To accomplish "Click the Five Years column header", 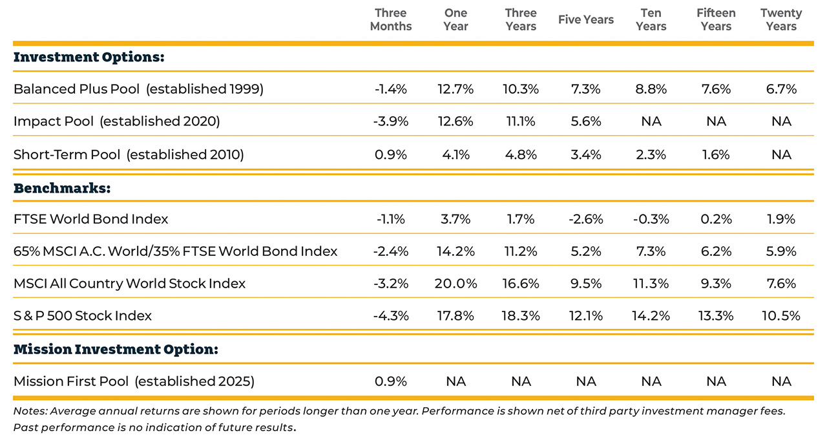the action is [x=586, y=19].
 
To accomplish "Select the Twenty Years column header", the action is [x=781, y=19].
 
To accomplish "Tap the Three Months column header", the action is [x=391, y=19].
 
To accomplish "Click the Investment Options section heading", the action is [x=89, y=58].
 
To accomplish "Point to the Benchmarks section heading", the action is [x=62, y=188].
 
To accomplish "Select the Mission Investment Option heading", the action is [x=116, y=349].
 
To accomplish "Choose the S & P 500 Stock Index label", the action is [x=83, y=316].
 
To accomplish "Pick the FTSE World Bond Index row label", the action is [x=91, y=219].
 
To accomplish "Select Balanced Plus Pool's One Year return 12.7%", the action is [x=455, y=89].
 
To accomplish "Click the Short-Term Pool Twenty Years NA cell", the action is [x=781, y=154].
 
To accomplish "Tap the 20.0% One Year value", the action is [x=455, y=284].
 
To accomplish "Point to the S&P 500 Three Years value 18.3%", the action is [x=521, y=316].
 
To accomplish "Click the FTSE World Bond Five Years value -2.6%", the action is [x=586, y=219].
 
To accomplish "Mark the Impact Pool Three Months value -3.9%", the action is [x=391, y=121].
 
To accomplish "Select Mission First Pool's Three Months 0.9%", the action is [x=391, y=381].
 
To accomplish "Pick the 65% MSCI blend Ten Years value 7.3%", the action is [x=651, y=251].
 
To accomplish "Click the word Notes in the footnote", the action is [x=30, y=411].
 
